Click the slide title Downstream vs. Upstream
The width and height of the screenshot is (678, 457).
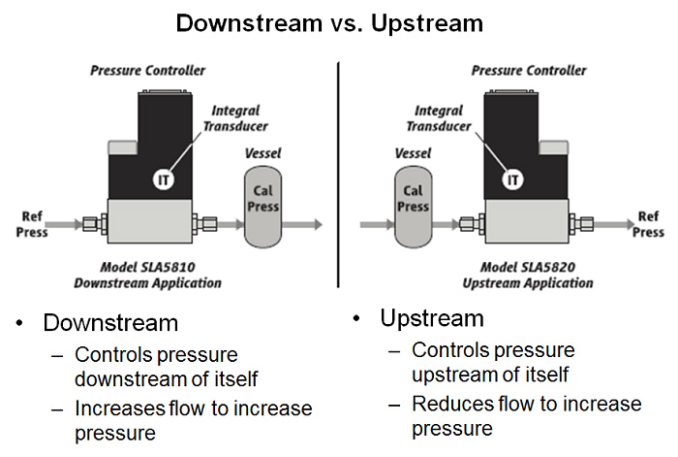(339, 22)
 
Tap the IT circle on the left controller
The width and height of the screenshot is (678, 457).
(164, 179)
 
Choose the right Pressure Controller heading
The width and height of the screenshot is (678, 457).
(529, 71)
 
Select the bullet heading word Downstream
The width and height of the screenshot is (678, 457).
(111, 323)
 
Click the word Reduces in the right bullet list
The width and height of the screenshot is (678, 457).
(448, 403)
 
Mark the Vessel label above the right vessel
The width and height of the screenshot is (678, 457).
(414, 153)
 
